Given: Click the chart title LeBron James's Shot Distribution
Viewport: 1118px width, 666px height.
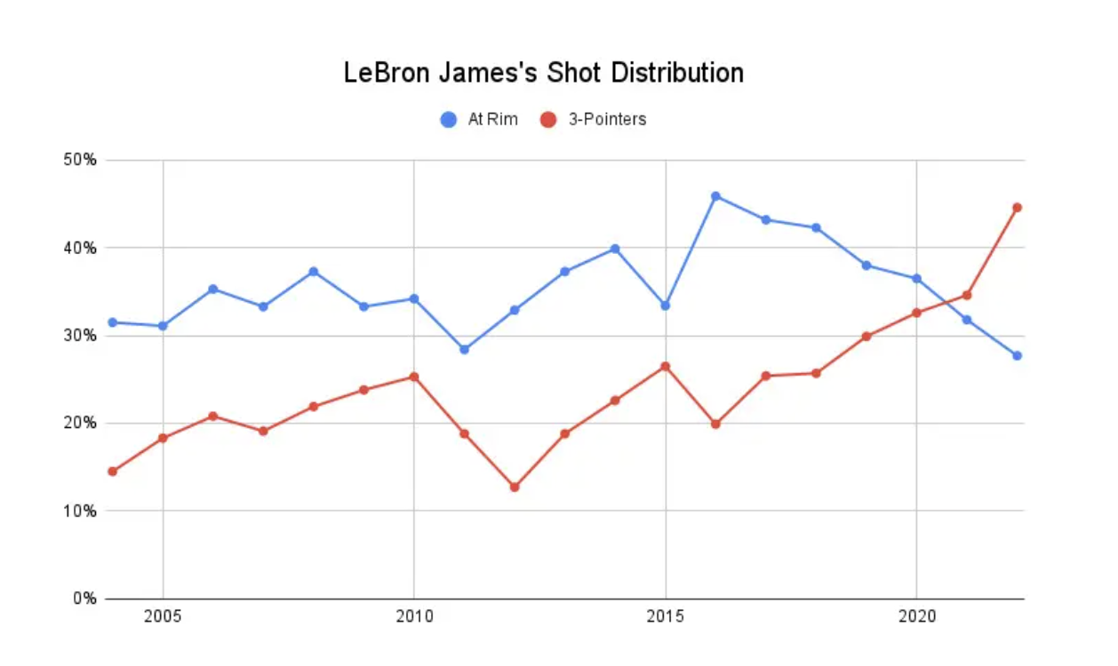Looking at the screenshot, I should coord(543,73).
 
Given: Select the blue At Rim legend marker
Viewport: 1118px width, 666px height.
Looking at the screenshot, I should coord(449,119).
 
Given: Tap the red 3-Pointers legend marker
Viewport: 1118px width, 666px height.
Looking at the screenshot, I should coord(548,119).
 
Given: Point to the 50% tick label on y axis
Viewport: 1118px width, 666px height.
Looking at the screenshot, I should coord(78,161).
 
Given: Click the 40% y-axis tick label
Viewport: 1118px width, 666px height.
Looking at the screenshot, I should coord(78,248).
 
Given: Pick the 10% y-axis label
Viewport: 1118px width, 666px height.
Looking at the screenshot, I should coord(78,511).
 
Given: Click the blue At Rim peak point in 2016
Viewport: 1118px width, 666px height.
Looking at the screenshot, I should coord(715,196).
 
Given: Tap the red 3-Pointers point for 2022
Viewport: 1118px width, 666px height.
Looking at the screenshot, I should coord(1017,208).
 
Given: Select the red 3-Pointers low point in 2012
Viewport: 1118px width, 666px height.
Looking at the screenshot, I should coord(515,487).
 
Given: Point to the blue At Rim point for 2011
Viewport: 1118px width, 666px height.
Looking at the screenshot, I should coord(464,349).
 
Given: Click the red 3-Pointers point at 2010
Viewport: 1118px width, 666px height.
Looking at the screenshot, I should coord(413,377).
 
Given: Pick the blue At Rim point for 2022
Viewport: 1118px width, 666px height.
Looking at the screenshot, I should coord(1017,355).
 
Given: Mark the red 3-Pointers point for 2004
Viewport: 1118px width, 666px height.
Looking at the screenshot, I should coord(112,472).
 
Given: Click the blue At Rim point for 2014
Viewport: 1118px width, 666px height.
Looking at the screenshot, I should coord(615,249).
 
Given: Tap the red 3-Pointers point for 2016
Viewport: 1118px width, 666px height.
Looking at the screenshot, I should coord(715,424).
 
